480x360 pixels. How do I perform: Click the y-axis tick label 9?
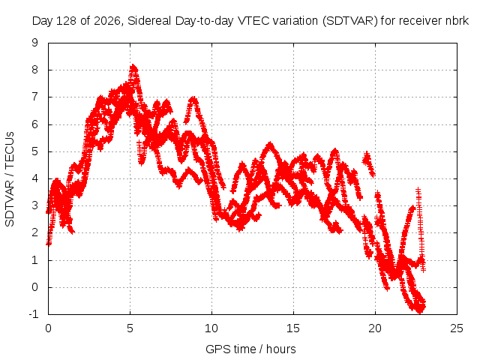click(x=35, y=43)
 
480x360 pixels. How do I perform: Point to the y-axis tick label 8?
click(x=35, y=70)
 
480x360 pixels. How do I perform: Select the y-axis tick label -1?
click(x=34, y=314)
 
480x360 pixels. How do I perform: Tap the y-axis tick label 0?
click(x=35, y=287)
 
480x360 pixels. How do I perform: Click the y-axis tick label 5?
click(x=35, y=151)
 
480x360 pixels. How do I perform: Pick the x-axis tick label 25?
click(x=457, y=328)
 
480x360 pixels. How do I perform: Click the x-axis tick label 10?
click(x=211, y=328)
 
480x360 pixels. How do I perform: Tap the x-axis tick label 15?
click(x=293, y=328)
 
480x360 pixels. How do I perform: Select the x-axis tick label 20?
click(x=375, y=328)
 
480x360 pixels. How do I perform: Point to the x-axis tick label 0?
click(x=48, y=328)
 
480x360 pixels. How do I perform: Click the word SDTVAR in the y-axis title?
click(x=10, y=204)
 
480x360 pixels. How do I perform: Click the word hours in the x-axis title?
click(x=281, y=349)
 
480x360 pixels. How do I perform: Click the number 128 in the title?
click(x=67, y=21)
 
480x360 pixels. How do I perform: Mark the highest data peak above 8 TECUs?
click(x=133, y=65)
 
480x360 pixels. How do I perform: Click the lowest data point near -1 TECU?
click(x=420, y=312)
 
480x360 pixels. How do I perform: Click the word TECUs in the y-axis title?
click(x=10, y=150)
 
